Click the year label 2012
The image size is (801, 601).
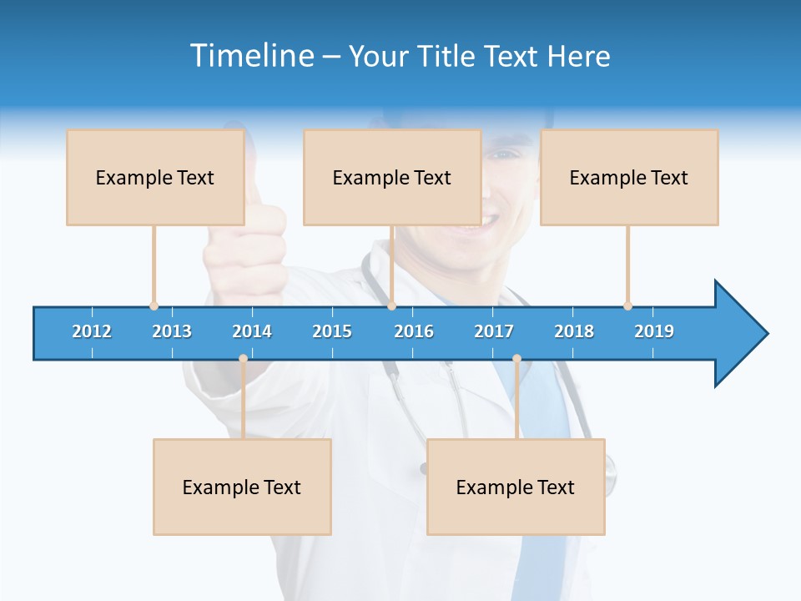tap(92, 331)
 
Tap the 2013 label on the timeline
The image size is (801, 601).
tap(172, 331)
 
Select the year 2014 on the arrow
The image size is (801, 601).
tap(252, 331)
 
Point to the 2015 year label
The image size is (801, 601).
tap(332, 331)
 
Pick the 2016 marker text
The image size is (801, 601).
tap(414, 331)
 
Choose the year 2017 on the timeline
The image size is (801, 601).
tap(494, 331)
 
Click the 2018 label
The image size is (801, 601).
tap(574, 331)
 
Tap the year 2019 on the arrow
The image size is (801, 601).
tap(654, 331)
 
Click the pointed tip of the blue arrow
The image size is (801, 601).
tap(766, 334)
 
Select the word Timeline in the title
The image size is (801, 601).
tap(250, 56)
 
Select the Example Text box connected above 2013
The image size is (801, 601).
tap(155, 177)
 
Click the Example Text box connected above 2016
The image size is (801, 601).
tap(392, 177)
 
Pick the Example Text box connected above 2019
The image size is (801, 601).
tap(629, 177)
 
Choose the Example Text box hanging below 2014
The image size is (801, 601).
tap(242, 487)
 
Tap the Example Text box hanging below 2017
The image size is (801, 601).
tap(516, 487)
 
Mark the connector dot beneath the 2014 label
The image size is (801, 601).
tap(243, 359)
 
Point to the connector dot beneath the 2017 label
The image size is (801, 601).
tap(516, 359)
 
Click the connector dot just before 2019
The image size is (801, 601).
tap(627, 306)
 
